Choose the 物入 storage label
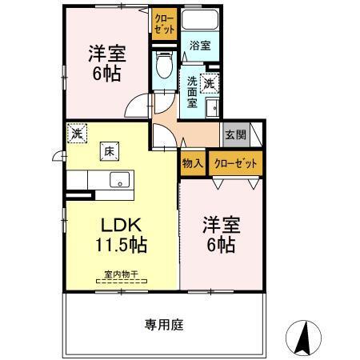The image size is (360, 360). [193, 163]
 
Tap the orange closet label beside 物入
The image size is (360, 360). [235, 163]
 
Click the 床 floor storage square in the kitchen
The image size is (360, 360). [106, 150]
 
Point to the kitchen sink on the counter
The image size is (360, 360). [120, 180]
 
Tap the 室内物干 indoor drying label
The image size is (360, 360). [120, 277]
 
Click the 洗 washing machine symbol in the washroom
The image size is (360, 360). [210, 81]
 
